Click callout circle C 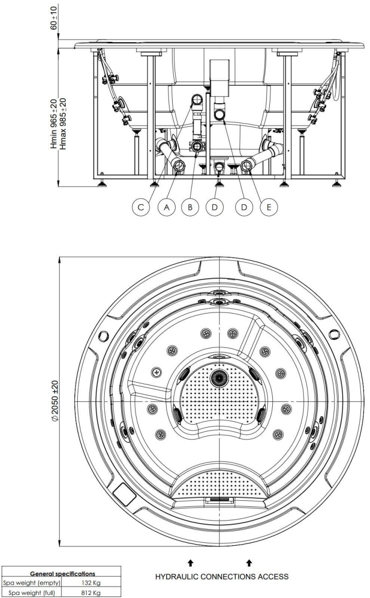point(141,207)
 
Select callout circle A point(167,207)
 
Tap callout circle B point(190,207)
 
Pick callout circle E point(269,207)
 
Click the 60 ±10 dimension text point(54,18)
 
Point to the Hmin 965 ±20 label point(54,124)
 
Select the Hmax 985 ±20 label point(62,124)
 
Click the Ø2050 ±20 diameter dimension point(54,401)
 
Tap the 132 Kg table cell point(91,583)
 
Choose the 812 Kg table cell point(91,593)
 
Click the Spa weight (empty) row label point(32,583)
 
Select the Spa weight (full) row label point(32,593)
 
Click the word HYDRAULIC point(177,577)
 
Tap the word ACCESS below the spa point(273,577)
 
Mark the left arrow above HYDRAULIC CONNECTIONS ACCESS point(190,563)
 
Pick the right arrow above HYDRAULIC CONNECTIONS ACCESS point(249,563)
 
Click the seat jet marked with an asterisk point(157,372)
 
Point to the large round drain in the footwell point(219,378)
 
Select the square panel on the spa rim point(124,494)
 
